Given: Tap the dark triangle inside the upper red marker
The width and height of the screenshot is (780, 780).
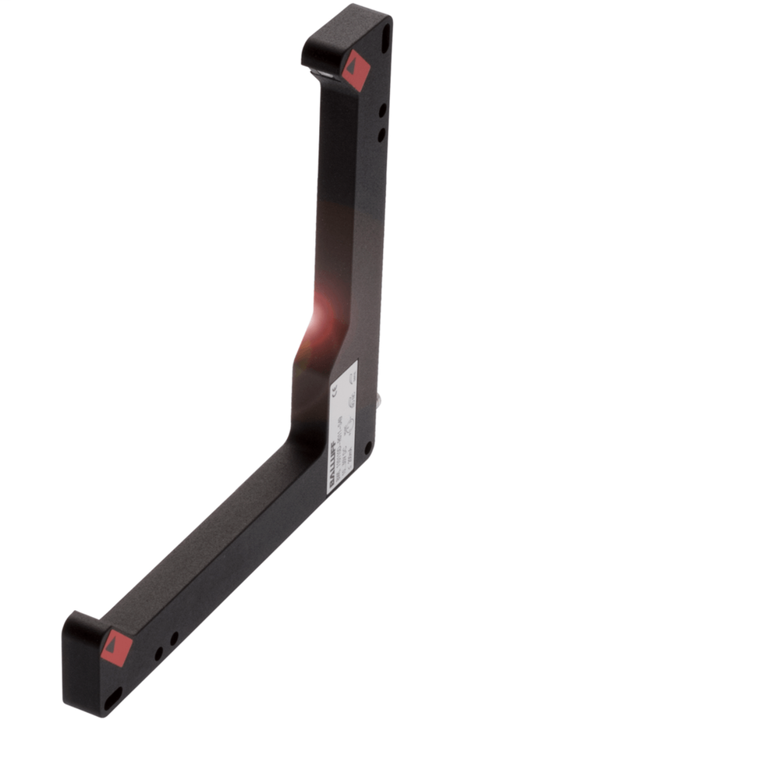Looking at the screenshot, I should [x=356, y=67].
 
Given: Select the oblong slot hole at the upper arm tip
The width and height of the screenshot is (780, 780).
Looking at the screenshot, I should [x=385, y=37].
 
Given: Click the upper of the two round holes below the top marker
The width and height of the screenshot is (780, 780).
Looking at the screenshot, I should [x=383, y=112].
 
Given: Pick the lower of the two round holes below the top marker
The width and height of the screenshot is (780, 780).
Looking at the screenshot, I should [x=381, y=135].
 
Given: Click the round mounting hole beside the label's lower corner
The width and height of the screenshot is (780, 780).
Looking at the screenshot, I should [x=368, y=448].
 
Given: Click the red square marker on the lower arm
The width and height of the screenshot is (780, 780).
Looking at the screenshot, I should [x=115, y=647].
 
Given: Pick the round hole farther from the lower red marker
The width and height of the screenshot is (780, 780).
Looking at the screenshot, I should [x=175, y=638].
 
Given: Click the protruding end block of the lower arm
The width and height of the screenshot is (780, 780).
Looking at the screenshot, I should [x=82, y=655].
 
